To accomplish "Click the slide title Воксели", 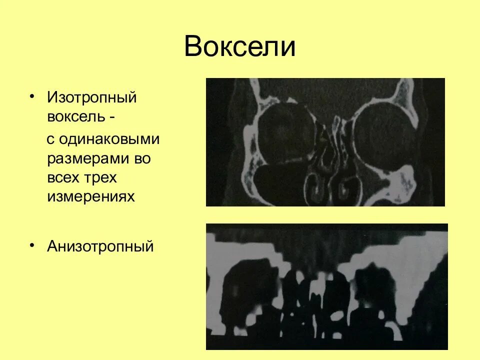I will [239, 47].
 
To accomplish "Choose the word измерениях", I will [91, 197].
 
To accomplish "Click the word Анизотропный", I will [100, 246].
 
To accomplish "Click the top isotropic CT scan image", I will [325, 142].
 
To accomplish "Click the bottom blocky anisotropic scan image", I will [327, 286].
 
